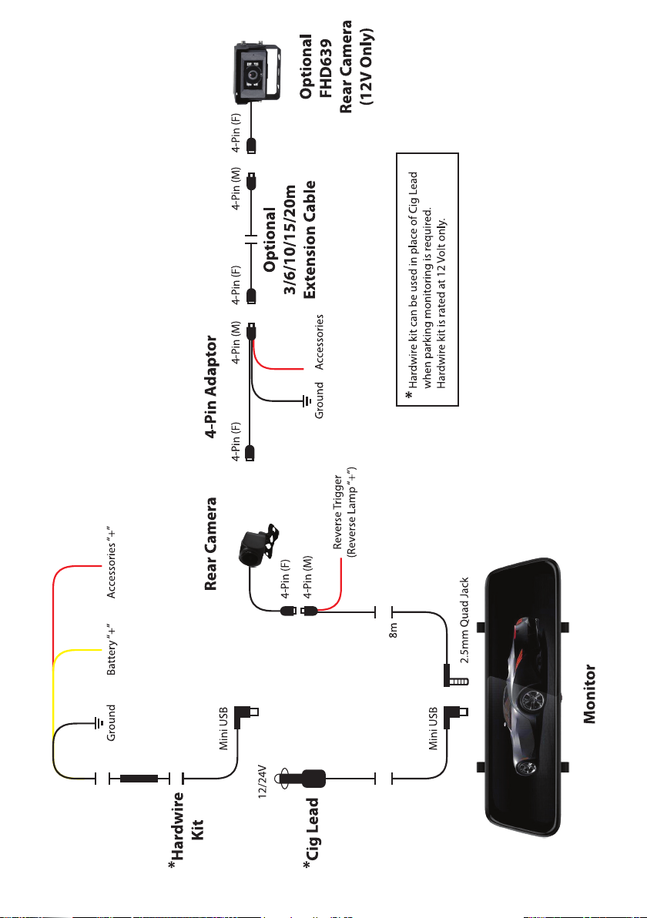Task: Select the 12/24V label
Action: click(x=263, y=780)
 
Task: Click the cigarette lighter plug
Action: click(x=303, y=778)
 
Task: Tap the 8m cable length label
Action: click(x=394, y=630)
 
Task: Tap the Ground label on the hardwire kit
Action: click(x=111, y=722)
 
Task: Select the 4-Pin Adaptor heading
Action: click(x=211, y=387)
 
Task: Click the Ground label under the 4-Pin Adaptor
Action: click(x=319, y=400)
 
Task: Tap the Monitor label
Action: click(x=590, y=694)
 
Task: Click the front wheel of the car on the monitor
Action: click(x=531, y=699)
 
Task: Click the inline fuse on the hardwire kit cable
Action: click(x=139, y=778)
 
